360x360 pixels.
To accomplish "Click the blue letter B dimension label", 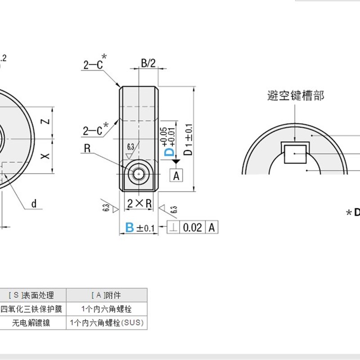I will (130, 227).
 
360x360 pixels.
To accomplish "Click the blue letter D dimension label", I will (169, 151).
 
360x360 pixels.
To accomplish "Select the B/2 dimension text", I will (148, 63).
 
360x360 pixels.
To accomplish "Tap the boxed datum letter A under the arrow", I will (176, 175).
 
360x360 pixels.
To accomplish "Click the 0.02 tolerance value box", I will (193, 227).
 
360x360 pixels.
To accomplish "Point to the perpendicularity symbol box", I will (173, 227).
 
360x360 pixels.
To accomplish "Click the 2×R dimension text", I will (139, 203).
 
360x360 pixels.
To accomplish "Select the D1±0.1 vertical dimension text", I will (189, 139).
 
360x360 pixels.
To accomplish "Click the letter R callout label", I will (87, 149).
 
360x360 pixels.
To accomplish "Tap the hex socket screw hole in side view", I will (138, 174).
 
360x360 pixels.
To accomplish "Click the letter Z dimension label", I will (44, 122).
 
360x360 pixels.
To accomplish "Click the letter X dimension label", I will (44, 156).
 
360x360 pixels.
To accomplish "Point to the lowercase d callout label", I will (34, 204).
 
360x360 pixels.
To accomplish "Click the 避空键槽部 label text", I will (296, 95).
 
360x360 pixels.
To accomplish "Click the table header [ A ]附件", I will (107, 295).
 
